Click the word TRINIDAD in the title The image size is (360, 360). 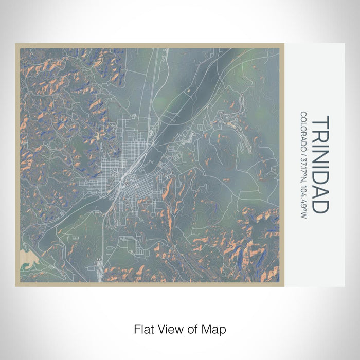tap(319, 164)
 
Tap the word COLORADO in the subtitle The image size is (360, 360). tap(304, 130)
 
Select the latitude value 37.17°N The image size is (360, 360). tap(304, 168)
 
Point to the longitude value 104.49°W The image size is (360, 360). tap(304, 201)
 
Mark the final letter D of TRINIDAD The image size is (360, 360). tap(319, 206)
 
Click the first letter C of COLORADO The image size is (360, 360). tap(304, 114)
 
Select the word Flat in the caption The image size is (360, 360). tap(143, 328)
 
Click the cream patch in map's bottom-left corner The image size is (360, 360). tap(25, 259)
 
